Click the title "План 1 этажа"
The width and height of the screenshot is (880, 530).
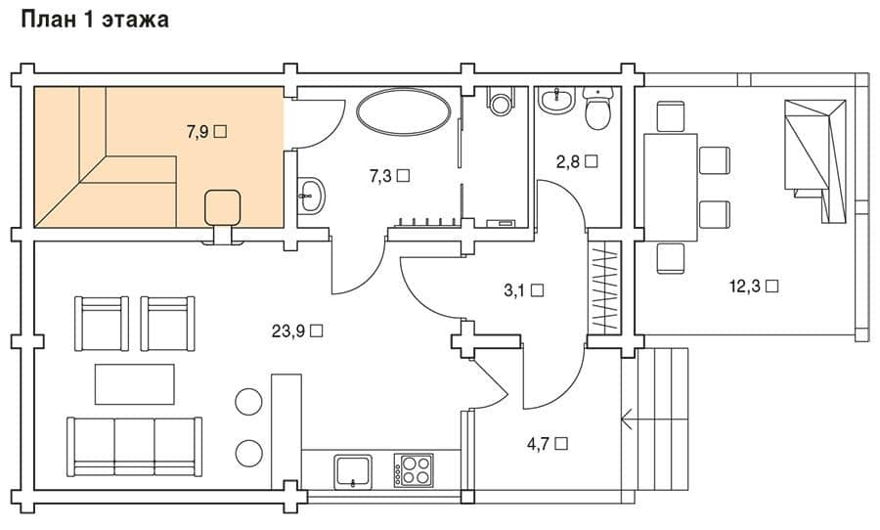(x=95, y=21)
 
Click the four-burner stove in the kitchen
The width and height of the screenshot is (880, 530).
(x=414, y=470)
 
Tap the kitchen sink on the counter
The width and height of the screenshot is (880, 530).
(x=353, y=471)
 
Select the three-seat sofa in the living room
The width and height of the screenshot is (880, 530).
(x=135, y=446)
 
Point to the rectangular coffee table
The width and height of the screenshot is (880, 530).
(x=135, y=384)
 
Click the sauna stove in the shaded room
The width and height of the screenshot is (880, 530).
(x=223, y=206)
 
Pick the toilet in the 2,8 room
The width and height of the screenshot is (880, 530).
(x=598, y=108)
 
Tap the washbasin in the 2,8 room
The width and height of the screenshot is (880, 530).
(x=556, y=100)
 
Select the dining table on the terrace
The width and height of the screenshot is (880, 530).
(x=670, y=188)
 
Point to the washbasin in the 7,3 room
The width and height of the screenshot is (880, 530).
(x=310, y=196)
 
